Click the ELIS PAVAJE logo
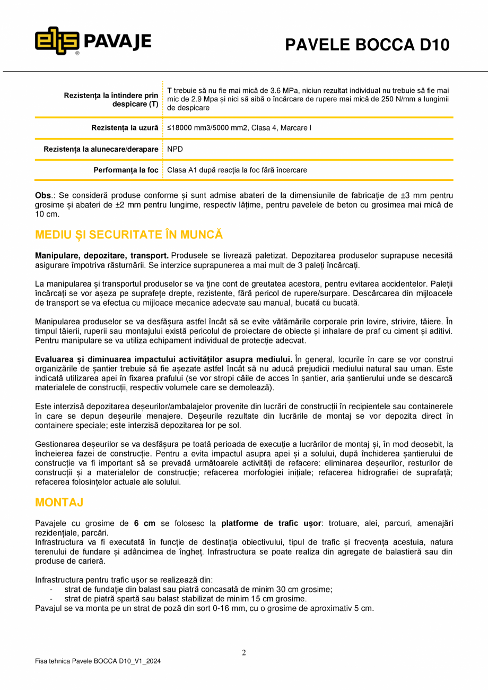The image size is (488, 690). (93, 41)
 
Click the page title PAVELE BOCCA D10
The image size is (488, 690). (367, 45)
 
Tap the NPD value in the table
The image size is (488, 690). (175, 150)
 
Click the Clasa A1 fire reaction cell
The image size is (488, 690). (237, 170)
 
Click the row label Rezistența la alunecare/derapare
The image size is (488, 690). (101, 150)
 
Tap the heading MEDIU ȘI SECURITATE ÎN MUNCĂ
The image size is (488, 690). (129, 235)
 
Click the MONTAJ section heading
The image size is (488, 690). (59, 502)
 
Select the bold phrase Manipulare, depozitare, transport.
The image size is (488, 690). (102, 255)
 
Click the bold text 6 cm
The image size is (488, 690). (144, 523)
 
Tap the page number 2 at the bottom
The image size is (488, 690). (244, 653)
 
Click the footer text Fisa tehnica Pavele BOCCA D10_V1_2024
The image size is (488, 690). (98, 661)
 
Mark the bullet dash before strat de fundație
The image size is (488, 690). (51, 589)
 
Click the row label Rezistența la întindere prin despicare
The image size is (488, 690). (111, 99)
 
